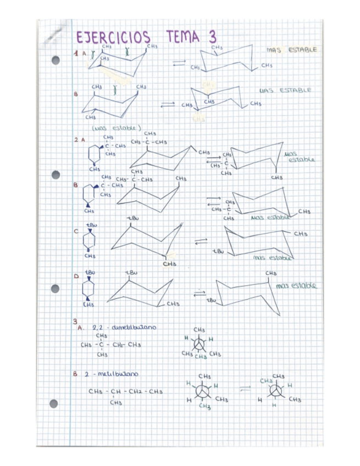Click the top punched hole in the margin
tap(55, 60)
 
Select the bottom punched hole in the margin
tap(53, 403)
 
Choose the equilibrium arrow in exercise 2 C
tap(201, 241)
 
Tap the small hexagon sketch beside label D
tap(88, 288)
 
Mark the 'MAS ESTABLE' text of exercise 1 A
tap(292, 50)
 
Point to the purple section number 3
tap(75, 320)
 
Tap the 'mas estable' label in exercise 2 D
tap(296, 286)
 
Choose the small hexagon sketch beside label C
tap(88, 240)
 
